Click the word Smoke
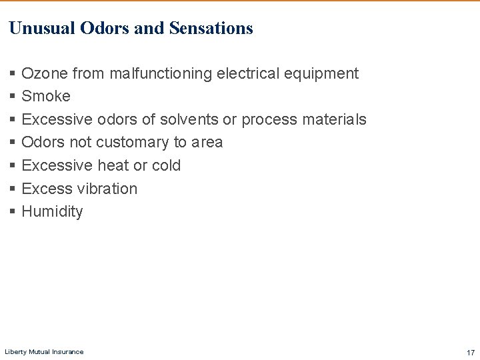(46, 96)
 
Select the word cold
(166, 165)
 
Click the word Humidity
(52, 212)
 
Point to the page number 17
(471, 352)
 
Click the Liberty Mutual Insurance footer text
(44, 352)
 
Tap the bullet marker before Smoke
(13, 97)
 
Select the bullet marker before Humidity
(13, 212)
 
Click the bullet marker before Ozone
(13, 74)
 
